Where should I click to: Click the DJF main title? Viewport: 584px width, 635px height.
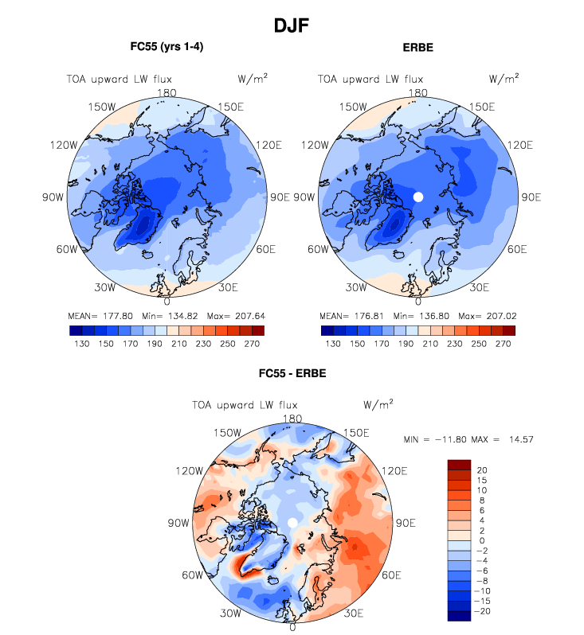point(291,25)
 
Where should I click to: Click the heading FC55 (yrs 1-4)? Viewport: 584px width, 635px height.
point(167,47)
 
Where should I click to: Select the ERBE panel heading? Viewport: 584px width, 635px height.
point(418,47)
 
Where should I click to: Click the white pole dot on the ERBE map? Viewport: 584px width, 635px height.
point(418,197)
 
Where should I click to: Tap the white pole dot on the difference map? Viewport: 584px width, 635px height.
point(292,521)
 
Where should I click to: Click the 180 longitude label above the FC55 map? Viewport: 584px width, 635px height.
point(167,92)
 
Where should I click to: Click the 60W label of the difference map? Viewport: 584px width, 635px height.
point(193,575)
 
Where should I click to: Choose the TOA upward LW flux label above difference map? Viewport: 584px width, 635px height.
point(245,404)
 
